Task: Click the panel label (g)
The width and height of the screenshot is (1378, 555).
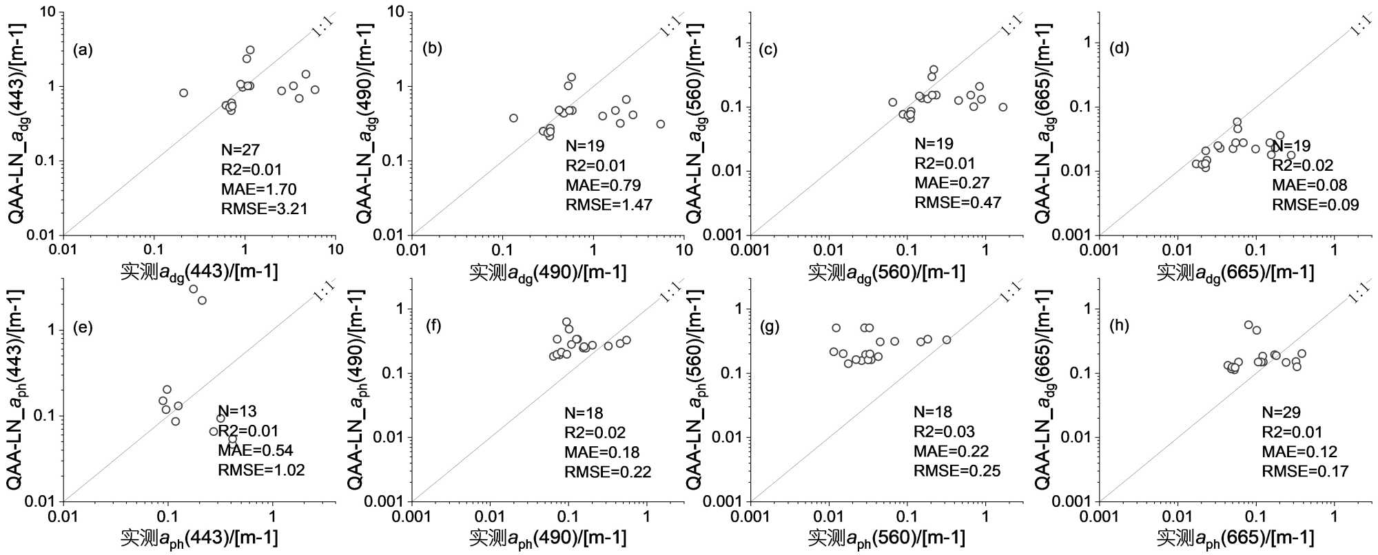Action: click(769, 326)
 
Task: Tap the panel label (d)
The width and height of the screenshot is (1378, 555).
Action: click(1119, 48)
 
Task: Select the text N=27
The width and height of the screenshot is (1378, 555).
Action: click(240, 150)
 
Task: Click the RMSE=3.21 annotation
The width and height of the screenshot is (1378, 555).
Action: click(264, 209)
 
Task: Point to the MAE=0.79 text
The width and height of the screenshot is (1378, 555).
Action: click(603, 185)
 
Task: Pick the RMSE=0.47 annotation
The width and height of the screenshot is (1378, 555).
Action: click(958, 202)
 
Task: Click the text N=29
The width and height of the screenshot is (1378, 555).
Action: click(1281, 412)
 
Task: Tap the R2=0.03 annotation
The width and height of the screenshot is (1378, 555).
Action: click(944, 432)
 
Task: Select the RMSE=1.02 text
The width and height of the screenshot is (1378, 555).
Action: click(261, 470)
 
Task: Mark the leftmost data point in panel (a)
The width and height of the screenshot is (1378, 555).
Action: click(183, 93)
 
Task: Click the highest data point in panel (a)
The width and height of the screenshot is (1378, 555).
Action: click(250, 50)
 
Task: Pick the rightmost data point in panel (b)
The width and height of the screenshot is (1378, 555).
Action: click(661, 124)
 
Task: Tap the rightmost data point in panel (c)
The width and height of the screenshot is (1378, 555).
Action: click(1003, 107)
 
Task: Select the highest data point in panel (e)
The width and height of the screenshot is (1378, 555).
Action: click(194, 289)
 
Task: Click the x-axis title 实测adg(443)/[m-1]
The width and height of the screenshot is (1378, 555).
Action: click(199, 272)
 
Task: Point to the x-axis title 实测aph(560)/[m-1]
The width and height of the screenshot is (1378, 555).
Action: click(886, 538)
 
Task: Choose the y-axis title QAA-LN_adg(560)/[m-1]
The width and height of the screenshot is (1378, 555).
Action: click(695, 123)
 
